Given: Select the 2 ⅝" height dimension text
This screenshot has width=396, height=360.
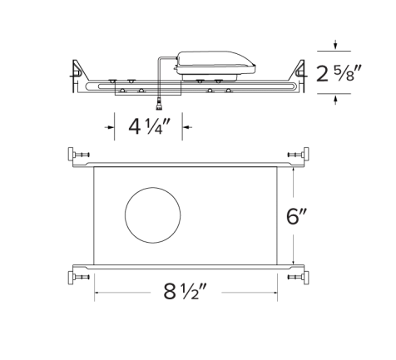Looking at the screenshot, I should (x=344, y=72).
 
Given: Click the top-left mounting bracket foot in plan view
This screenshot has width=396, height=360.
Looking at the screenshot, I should (x=77, y=155).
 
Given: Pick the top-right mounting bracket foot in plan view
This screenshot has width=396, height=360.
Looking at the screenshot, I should (x=296, y=155).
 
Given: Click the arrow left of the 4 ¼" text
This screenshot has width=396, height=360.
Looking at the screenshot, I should (x=110, y=127).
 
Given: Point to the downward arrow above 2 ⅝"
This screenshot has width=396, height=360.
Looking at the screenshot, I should (x=334, y=45).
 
